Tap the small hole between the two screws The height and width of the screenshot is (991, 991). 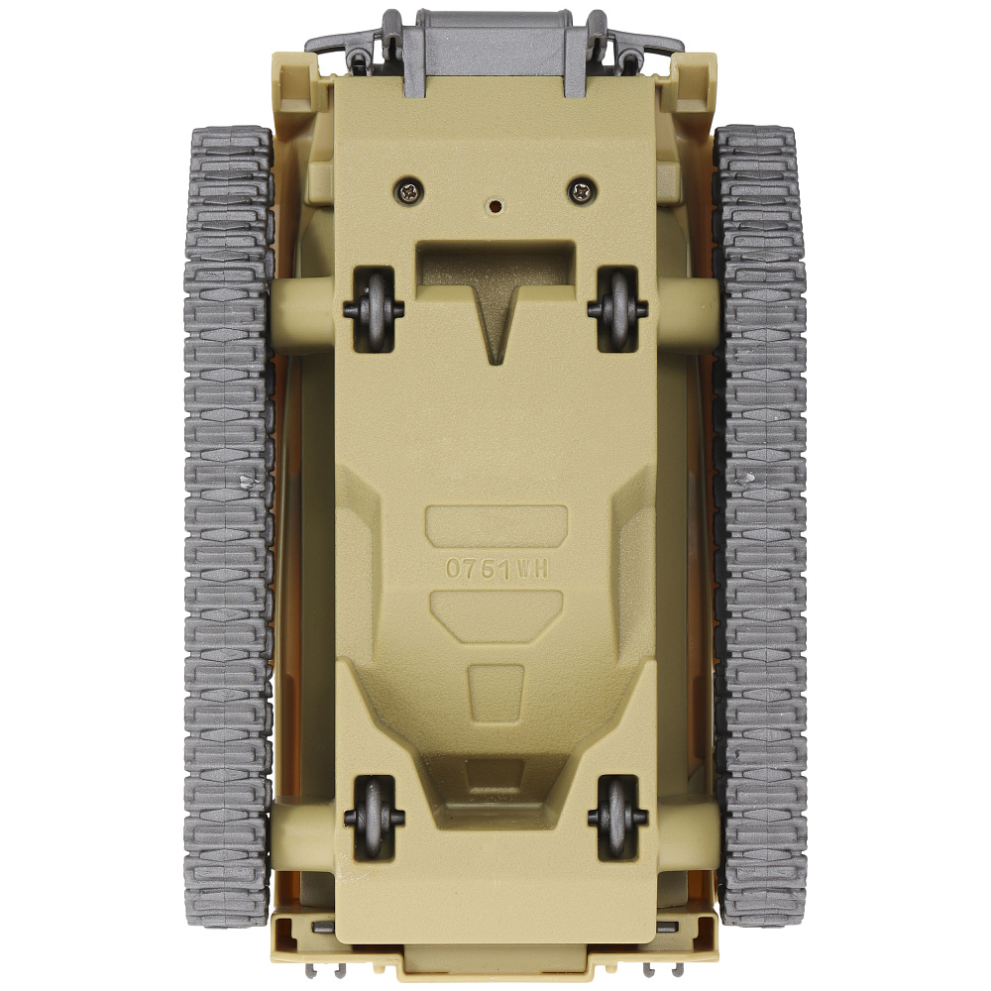495,205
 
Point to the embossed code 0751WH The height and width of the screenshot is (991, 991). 496,569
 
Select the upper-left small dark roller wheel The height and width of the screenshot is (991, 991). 375,309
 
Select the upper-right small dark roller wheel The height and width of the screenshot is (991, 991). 618,309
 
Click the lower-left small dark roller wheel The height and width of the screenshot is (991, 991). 375,817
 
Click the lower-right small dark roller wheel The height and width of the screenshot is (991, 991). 618,817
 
